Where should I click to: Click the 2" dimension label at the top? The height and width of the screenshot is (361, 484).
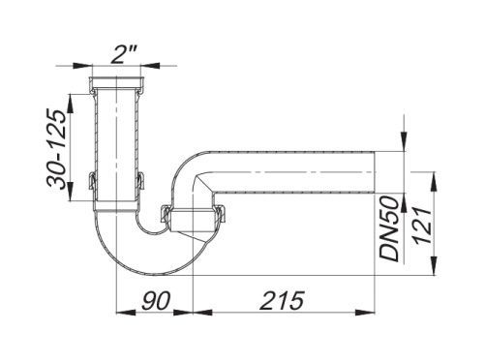(x=121, y=54)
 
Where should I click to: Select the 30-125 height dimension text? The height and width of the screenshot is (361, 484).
(x=57, y=149)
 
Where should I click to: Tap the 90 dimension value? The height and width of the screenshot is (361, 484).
(x=156, y=300)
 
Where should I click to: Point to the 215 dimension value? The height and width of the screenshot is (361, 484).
(x=283, y=300)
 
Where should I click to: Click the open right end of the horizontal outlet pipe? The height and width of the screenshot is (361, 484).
(x=375, y=172)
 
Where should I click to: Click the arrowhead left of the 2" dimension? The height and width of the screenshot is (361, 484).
(x=82, y=66)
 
